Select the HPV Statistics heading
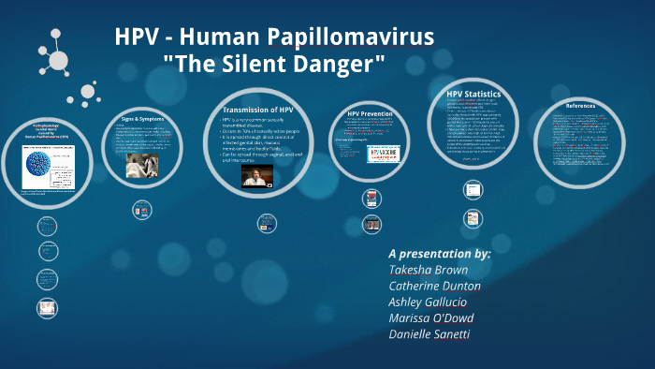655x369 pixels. (x=473, y=95)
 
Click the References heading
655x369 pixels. (x=580, y=106)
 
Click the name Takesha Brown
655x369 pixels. (x=429, y=270)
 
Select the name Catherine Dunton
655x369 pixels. (x=434, y=286)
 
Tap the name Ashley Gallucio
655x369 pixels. (x=433, y=302)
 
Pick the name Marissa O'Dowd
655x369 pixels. (x=431, y=318)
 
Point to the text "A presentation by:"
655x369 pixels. (x=439, y=253)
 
